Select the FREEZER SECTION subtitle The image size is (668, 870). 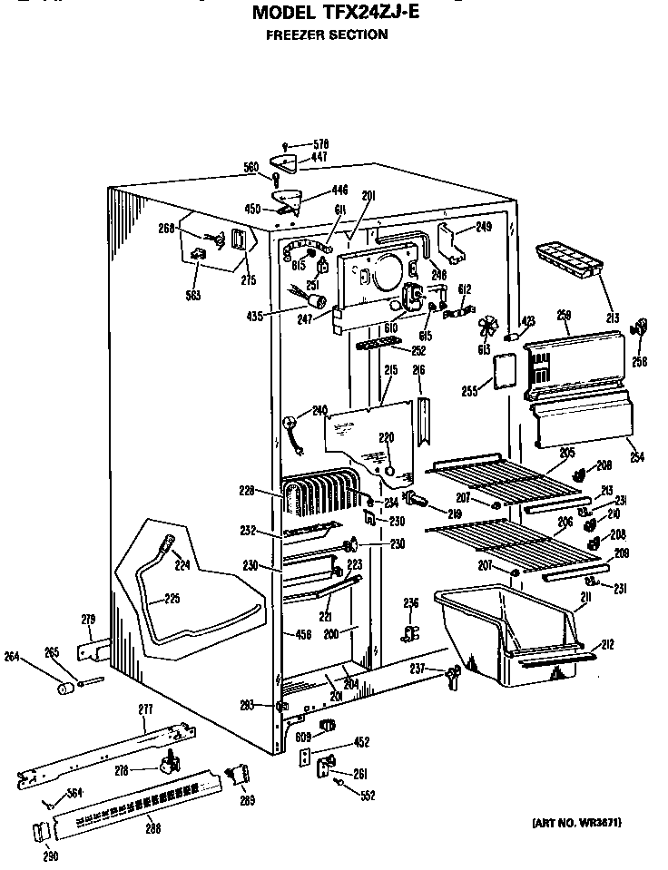click(327, 35)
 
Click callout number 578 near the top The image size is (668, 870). click(319, 144)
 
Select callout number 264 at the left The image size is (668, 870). click(13, 656)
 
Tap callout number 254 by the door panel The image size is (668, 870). click(636, 457)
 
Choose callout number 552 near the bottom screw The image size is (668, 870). click(367, 796)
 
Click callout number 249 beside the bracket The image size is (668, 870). click(483, 226)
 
